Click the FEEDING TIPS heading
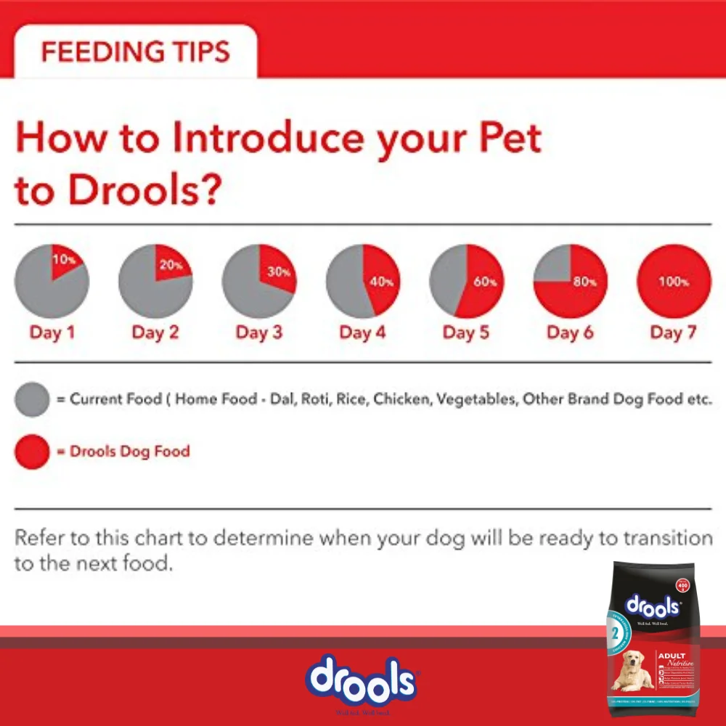(135, 52)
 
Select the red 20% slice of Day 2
(171, 265)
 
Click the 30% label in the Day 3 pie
(277, 273)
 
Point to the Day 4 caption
(362, 333)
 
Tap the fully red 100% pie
(674, 281)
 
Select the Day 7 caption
(673, 333)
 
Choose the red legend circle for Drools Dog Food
(32, 452)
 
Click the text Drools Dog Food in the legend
(129, 452)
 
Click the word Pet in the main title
(502, 137)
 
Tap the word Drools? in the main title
(144, 189)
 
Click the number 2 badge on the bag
(615, 631)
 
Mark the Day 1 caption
(52, 333)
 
